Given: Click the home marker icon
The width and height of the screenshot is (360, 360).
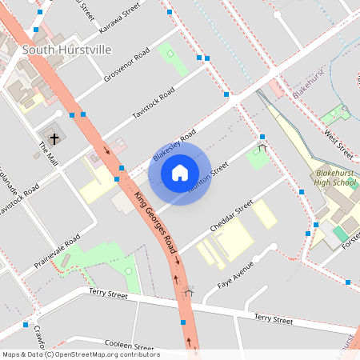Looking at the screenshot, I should tap(180, 172).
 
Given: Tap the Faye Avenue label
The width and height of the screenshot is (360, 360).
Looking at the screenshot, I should tap(238, 275).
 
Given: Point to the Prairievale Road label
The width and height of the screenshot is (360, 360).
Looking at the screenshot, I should tap(58, 250).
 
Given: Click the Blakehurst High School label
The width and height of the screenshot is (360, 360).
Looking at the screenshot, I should tap(336, 178).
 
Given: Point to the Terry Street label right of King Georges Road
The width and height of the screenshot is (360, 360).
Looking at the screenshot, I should tap(274, 318).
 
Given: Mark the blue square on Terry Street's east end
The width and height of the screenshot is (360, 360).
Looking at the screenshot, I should tap(348, 282).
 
